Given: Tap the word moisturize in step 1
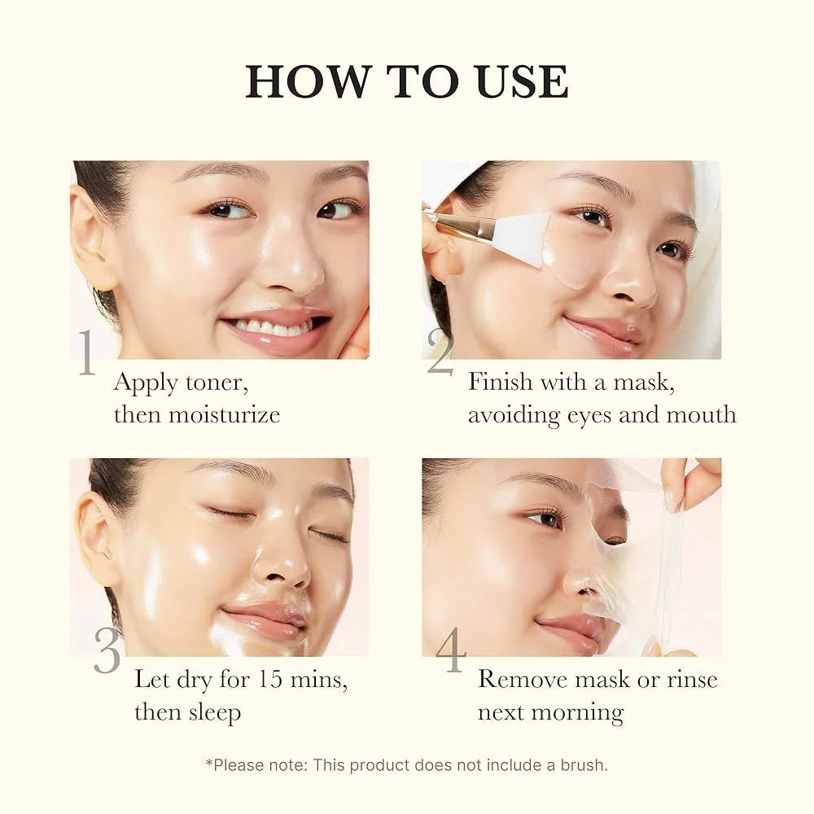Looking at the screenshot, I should coord(224,414).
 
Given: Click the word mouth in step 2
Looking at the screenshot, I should coord(702,414).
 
